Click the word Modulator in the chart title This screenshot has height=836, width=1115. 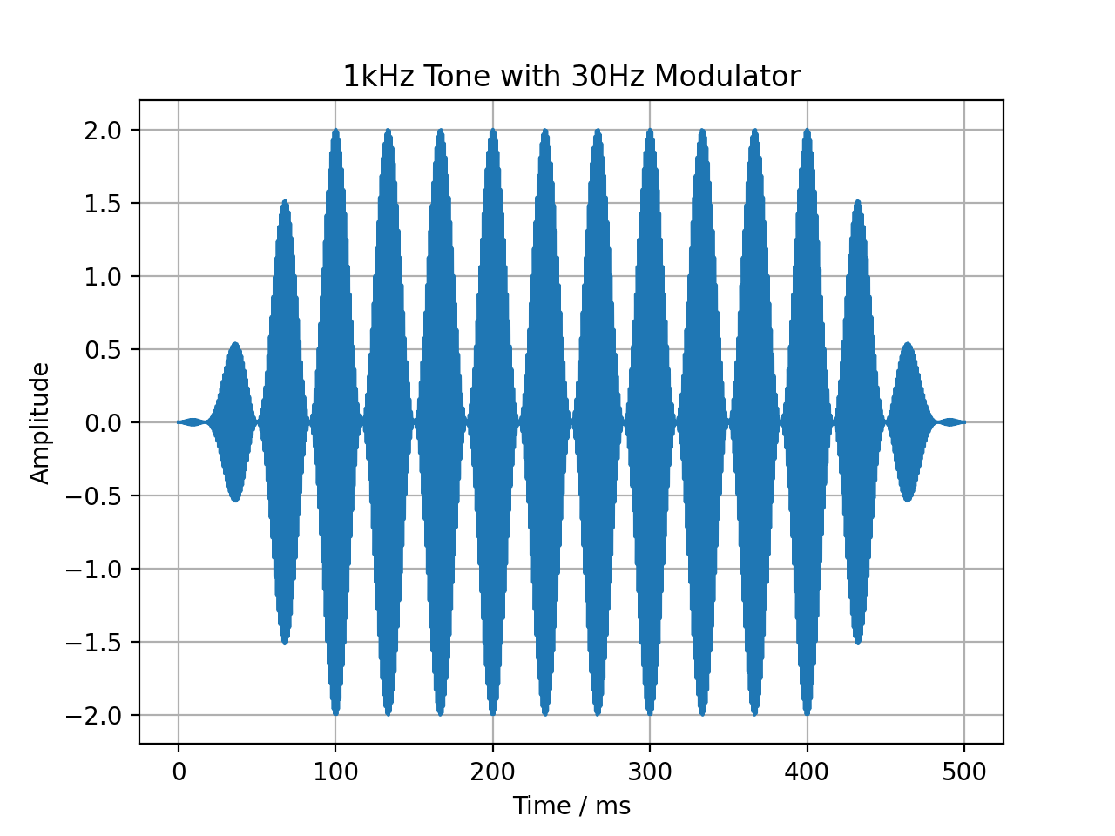tap(726, 77)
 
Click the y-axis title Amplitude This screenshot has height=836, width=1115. tap(40, 423)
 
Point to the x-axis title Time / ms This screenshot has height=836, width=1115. tap(571, 806)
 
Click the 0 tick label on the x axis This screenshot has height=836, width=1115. tap(179, 772)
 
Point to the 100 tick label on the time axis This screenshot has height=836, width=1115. tap(335, 772)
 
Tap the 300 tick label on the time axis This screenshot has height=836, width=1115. tap(650, 772)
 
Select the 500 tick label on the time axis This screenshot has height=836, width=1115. tap(964, 772)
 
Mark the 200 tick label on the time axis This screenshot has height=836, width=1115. tap(493, 772)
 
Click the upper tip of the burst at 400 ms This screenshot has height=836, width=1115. tap(808, 131)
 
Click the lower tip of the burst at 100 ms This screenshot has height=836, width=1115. tap(335, 714)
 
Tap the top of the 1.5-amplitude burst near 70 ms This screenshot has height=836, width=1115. tap(285, 202)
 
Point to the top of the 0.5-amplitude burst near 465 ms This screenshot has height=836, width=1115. tap(908, 344)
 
